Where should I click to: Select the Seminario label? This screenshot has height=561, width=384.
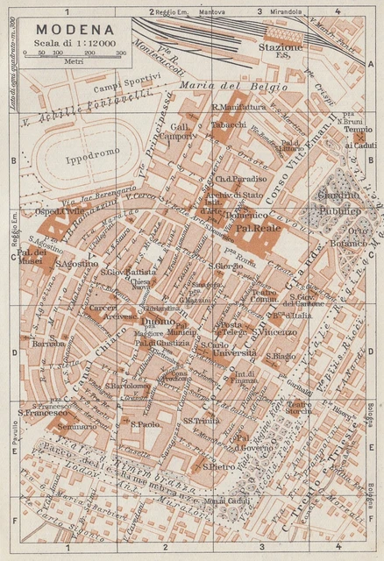click(x=53, y=427)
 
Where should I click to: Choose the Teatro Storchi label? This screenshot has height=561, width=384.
click(x=298, y=406)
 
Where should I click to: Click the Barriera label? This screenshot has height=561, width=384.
click(x=49, y=344)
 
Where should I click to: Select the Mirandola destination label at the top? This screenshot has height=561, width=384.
click(x=287, y=12)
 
